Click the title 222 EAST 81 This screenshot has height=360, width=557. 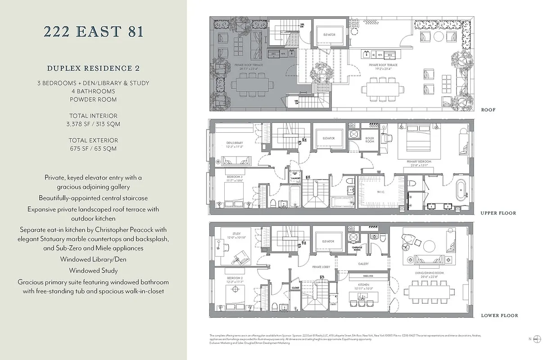(x=93, y=32)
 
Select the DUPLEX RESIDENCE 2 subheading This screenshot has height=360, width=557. (x=93, y=68)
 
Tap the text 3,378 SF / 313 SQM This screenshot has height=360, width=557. (x=93, y=124)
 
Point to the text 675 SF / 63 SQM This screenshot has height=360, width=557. (x=93, y=148)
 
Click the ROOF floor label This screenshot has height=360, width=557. (x=488, y=110)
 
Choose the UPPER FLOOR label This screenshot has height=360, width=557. (x=498, y=213)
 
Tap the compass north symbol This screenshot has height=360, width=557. (x=536, y=339)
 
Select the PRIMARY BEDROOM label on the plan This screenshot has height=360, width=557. (x=419, y=162)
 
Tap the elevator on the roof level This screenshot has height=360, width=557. (x=329, y=35)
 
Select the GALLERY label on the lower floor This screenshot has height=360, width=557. (x=363, y=264)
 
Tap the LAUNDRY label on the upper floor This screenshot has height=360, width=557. (x=295, y=178)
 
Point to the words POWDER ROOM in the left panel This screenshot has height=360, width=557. (x=93, y=99)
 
